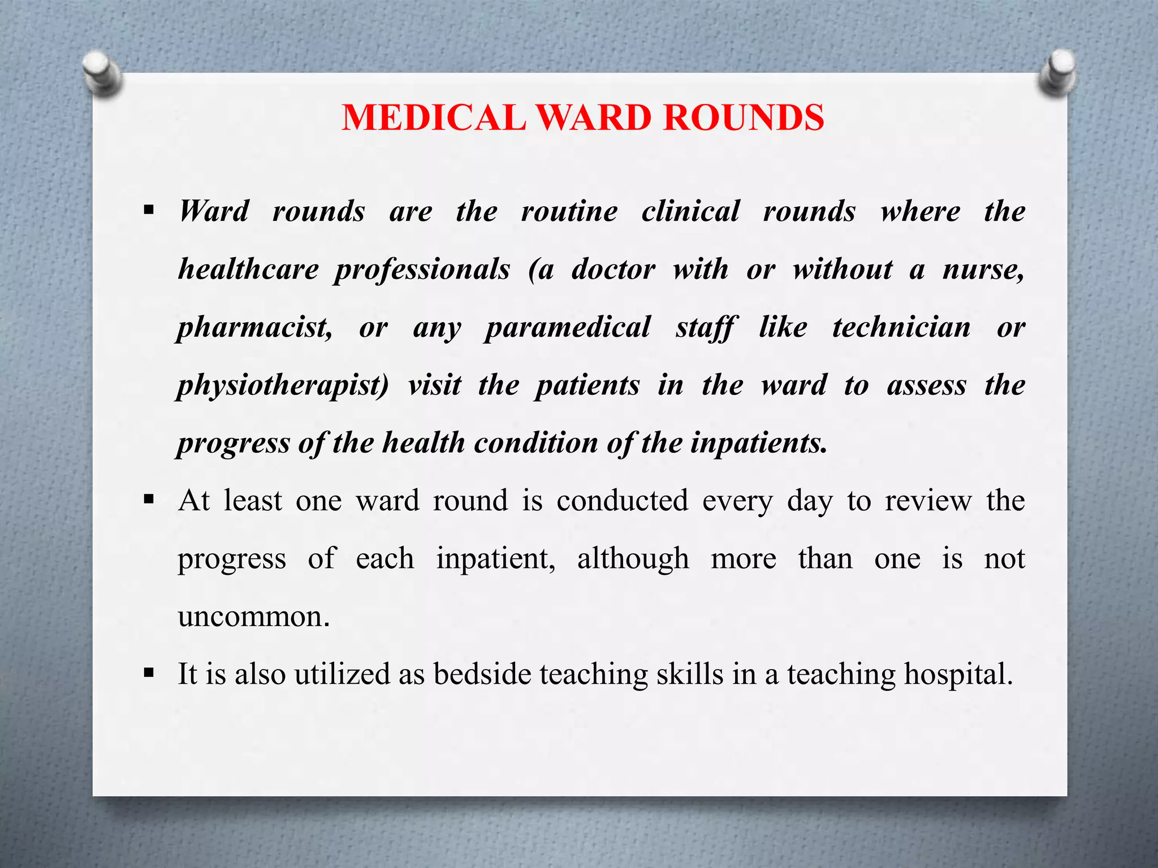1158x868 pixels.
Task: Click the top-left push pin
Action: tap(101, 74)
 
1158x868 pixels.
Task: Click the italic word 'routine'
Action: tap(569, 211)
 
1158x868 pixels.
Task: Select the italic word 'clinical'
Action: tap(690, 211)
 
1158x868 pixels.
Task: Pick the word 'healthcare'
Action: tap(248, 269)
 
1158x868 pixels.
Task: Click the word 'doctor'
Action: tap(613, 269)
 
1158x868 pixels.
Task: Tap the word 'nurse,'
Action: tap(983, 269)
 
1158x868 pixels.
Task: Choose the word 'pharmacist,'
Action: tap(255, 328)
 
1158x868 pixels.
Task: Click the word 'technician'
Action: tap(901, 328)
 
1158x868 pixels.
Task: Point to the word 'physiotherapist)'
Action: tap(283, 385)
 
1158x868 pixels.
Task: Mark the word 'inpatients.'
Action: tap(759, 442)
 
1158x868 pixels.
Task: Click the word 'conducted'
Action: tap(623, 501)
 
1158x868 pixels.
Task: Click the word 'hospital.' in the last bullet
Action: tap(958, 674)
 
